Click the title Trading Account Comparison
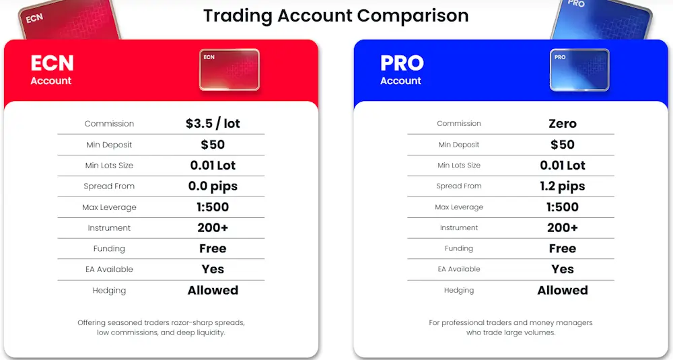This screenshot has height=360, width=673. click(x=336, y=15)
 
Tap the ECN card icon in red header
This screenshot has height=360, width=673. click(x=229, y=69)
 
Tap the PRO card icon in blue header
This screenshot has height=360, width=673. click(x=579, y=69)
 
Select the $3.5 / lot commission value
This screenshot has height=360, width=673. click(x=213, y=124)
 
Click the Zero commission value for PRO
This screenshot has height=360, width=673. click(x=563, y=124)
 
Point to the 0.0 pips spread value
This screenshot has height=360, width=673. click(x=213, y=186)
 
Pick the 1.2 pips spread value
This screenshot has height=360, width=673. click(x=563, y=186)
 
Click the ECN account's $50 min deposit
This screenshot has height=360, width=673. click(x=213, y=145)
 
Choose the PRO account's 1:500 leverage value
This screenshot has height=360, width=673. click(x=563, y=207)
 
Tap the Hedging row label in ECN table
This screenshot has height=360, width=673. click(x=109, y=291)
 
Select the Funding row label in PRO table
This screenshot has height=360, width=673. click(x=459, y=249)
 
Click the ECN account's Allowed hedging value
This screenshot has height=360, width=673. click(x=213, y=291)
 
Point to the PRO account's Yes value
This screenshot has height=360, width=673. click(x=563, y=269)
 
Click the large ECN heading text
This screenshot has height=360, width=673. click(x=52, y=63)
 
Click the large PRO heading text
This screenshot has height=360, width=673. click(x=402, y=63)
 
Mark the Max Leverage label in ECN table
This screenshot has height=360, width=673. click(x=109, y=207)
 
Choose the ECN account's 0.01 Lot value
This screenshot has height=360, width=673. click(x=213, y=166)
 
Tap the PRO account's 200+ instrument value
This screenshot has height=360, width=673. click(x=563, y=228)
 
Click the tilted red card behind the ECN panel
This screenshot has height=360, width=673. click(x=67, y=20)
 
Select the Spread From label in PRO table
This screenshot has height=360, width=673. click(x=459, y=186)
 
